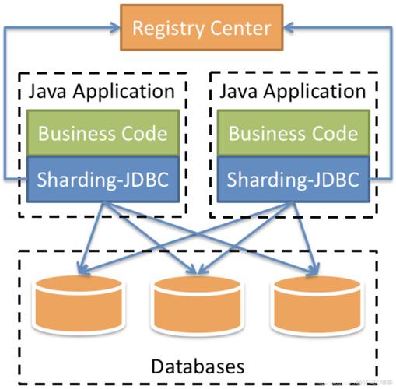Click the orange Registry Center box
202,29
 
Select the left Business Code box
102,133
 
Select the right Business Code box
293,133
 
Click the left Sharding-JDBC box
102,180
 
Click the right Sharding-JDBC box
293,180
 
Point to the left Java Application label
102,92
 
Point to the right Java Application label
293,92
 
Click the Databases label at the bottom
198,365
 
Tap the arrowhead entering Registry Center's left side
116,29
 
